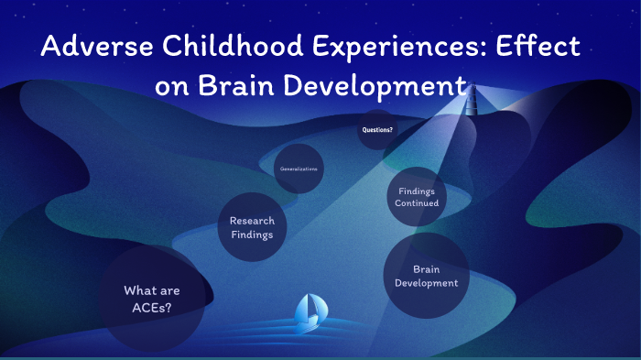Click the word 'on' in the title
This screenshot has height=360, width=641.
click(x=171, y=87)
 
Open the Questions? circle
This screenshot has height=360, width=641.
click(x=377, y=130)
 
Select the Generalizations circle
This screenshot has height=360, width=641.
click(x=299, y=169)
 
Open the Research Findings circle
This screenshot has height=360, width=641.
click(x=252, y=227)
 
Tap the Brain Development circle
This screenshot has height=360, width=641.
click(x=426, y=276)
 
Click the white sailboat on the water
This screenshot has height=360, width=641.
click(x=307, y=314)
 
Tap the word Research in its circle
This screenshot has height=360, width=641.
click(x=252, y=221)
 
